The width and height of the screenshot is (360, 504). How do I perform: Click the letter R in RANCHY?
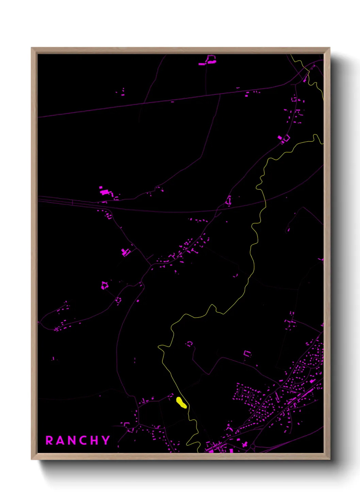coord(49,440)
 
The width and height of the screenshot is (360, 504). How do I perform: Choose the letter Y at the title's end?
coord(106,440)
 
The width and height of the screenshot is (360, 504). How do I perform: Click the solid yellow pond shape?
coord(181,403)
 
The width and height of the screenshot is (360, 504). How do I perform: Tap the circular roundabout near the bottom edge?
coord(253,446)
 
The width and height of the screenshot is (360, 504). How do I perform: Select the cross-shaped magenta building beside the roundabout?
coord(245,444)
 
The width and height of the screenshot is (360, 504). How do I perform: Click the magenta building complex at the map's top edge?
coord(209,60)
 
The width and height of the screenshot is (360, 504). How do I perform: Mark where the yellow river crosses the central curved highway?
coord(265,203)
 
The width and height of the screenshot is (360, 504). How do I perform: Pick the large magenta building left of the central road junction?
coord(125,252)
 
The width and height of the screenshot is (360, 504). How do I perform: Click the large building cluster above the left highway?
coord(106,191)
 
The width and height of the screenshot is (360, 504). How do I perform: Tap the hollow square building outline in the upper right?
coord(286,138)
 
